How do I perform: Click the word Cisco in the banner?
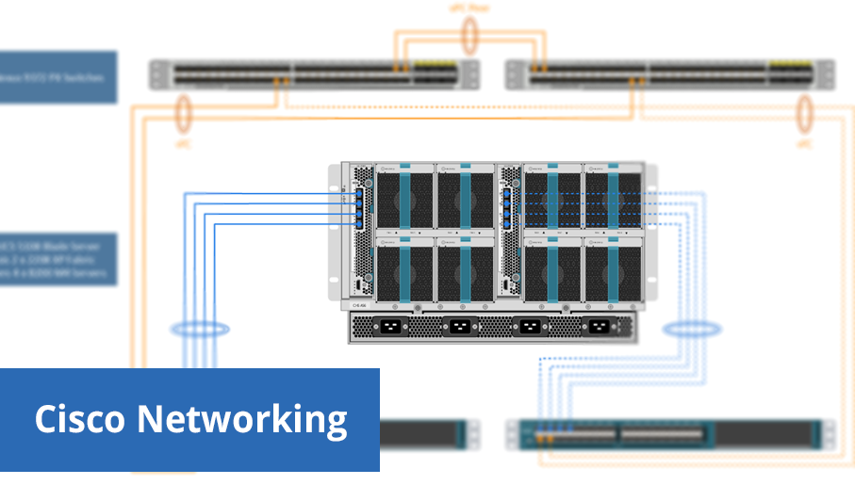pyautogui.click(x=79, y=419)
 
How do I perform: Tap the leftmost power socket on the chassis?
pyautogui.click(x=387, y=328)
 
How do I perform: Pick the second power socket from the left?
pyautogui.click(x=458, y=328)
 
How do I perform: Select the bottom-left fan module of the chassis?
pyautogui.click(x=405, y=267)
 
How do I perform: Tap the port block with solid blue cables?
pyautogui.click(x=358, y=208)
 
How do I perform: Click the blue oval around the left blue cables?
pyautogui.click(x=199, y=330)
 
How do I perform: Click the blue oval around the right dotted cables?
pyautogui.click(x=684, y=330)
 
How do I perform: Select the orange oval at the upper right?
pyautogui.click(x=804, y=115)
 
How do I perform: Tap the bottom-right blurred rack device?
pyautogui.click(x=669, y=434)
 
